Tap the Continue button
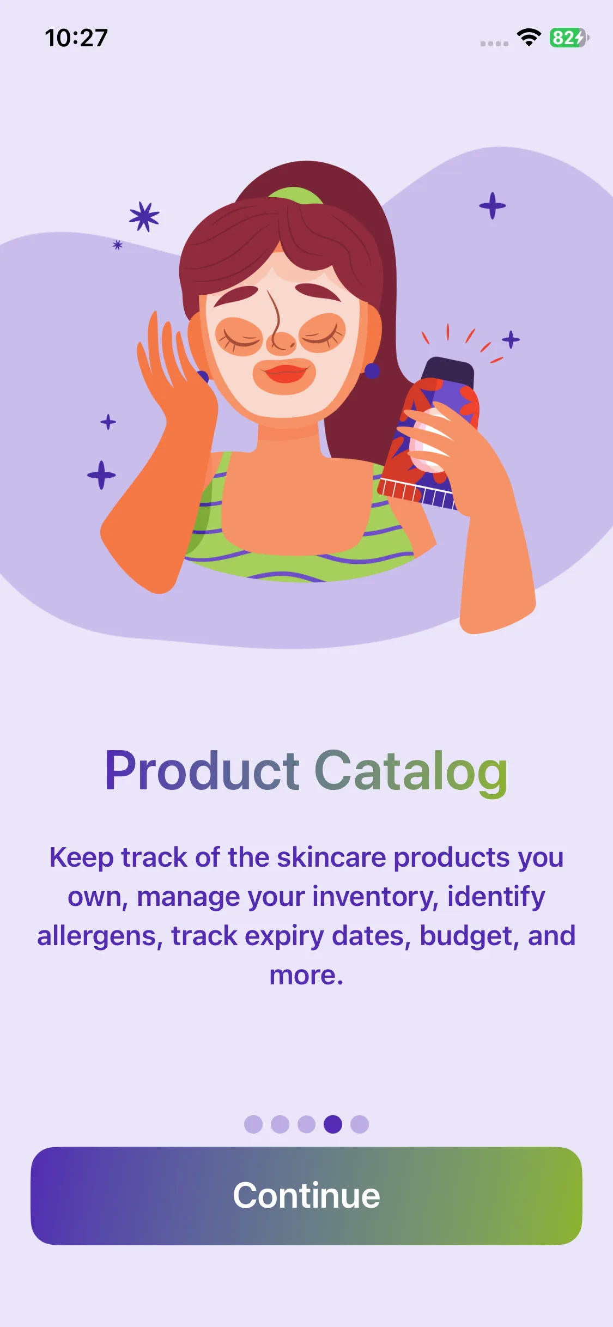click(x=306, y=1196)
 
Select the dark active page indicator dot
click(x=333, y=1124)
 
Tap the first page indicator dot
click(x=253, y=1124)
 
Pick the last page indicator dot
click(x=360, y=1124)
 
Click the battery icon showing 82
click(x=569, y=38)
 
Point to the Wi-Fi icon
click(x=529, y=37)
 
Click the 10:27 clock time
click(x=76, y=38)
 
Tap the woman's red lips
click(x=284, y=374)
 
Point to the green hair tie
click(x=295, y=195)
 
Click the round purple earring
click(x=372, y=371)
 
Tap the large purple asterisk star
click(x=144, y=217)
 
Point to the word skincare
click(x=331, y=857)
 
